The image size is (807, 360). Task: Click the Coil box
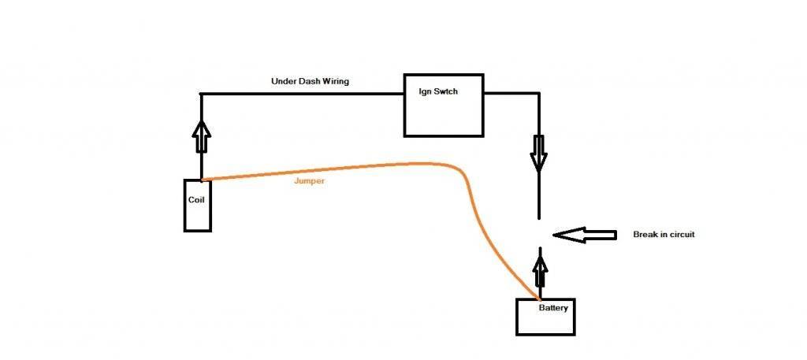coord(197,206)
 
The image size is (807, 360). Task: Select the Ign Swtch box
coord(442,105)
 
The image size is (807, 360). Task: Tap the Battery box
coord(545,317)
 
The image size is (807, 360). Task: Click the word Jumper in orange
coord(309,180)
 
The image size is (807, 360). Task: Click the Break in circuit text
coord(664,235)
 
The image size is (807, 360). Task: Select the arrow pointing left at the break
coord(584,235)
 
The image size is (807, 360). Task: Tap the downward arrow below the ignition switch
coord(539,152)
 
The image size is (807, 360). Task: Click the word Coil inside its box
coord(197,199)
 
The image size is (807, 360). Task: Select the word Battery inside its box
coord(553,307)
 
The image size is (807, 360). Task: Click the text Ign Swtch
coord(438,91)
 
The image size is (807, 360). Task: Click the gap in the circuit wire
coord(540,233)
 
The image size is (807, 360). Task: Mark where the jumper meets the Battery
coord(540,299)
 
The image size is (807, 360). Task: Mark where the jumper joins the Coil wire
coord(203,180)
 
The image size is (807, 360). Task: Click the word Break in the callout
coord(645,235)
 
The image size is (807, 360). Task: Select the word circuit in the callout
coord(680,235)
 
